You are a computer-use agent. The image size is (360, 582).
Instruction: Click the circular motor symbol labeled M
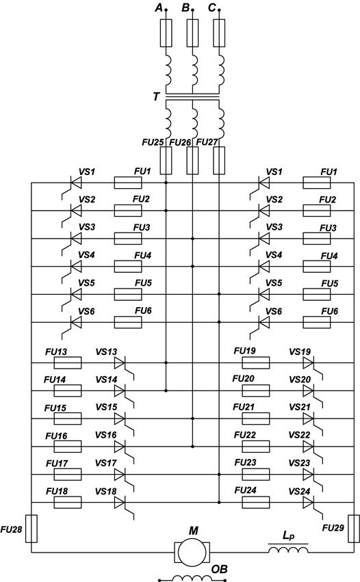pyautogui.click(x=192, y=553)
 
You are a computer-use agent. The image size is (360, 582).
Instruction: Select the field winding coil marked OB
pyautogui.click(x=192, y=579)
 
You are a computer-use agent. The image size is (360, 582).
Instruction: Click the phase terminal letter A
pyautogui.click(x=159, y=8)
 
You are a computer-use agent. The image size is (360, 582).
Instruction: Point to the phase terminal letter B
pyautogui.click(x=185, y=8)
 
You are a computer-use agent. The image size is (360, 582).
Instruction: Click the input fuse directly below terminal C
pyautogui.click(x=219, y=33)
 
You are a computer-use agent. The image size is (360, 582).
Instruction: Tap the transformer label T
pyautogui.click(x=157, y=97)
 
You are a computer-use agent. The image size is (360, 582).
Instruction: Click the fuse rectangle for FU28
pyautogui.click(x=31, y=529)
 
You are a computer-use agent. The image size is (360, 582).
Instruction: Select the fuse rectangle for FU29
pyautogui.click(x=354, y=529)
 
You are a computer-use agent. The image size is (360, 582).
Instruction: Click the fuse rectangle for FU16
pyautogui.click(x=68, y=447)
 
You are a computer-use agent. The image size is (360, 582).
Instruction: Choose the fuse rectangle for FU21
pyautogui.click(x=256, y=419)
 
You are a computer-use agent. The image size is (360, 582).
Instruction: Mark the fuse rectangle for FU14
pyautogui.click(x=68, y=391)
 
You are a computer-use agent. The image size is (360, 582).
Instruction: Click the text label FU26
pyautogui.click(x=181, y=142)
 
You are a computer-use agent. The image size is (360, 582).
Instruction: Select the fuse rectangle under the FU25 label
pyautogui.click(x=166, y=160)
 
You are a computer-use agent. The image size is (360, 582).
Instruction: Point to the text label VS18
pyautogui.click(x=106, y=492)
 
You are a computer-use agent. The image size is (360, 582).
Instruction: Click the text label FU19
pyautogui.click(x=245, y=351)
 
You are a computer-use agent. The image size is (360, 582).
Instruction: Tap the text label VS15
pyautogui.click(x=106, y=407)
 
